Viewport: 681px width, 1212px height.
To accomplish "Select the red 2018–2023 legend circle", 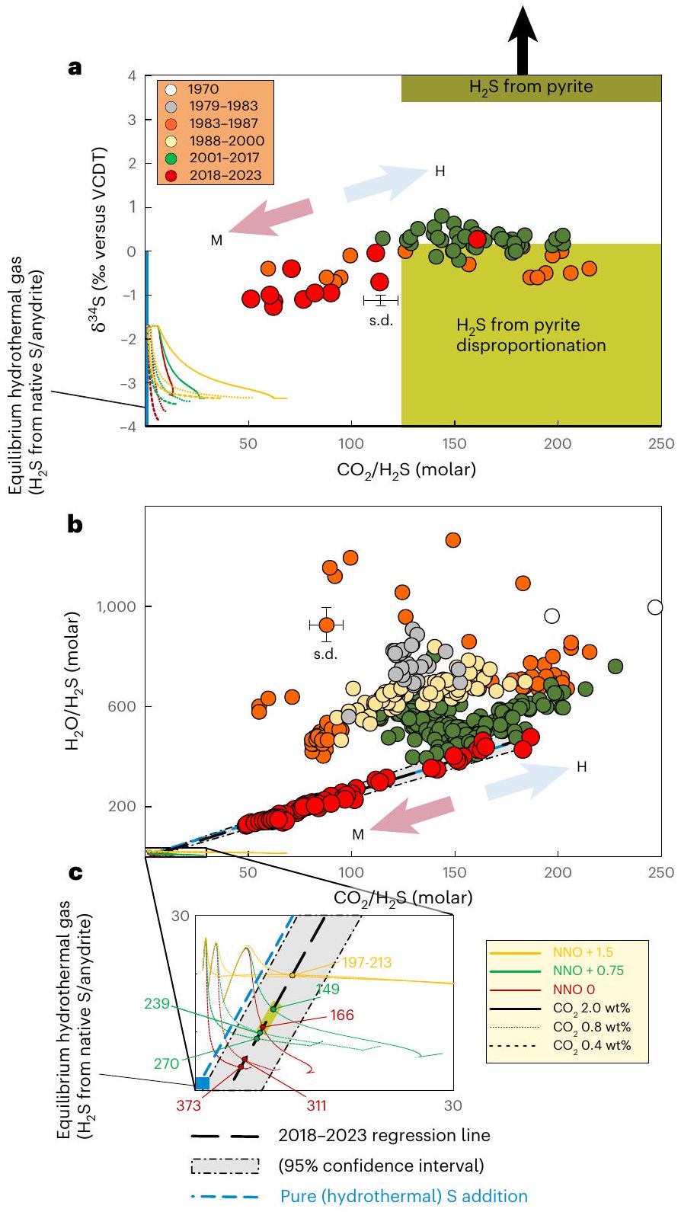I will coord(171,175).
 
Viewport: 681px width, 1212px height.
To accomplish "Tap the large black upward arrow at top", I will coord(523,38).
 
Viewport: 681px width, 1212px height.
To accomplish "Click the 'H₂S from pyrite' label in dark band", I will coord(530,88).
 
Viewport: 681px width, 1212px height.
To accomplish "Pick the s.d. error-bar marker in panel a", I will coord(381,301).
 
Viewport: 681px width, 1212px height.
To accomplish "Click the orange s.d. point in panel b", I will coord(326,625).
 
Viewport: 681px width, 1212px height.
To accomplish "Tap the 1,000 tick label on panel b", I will coord(114,607).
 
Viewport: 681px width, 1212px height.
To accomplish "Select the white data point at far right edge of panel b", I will coord(655,607).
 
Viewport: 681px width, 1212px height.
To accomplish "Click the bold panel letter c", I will coord(75,873).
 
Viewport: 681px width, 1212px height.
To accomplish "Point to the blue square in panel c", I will coord(203,1082).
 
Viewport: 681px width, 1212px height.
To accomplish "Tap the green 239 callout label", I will coord(156,1004).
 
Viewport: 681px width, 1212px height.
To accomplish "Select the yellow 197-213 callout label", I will coord(366,963).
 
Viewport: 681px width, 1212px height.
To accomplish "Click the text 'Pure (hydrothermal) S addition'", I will coord(403,1196).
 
